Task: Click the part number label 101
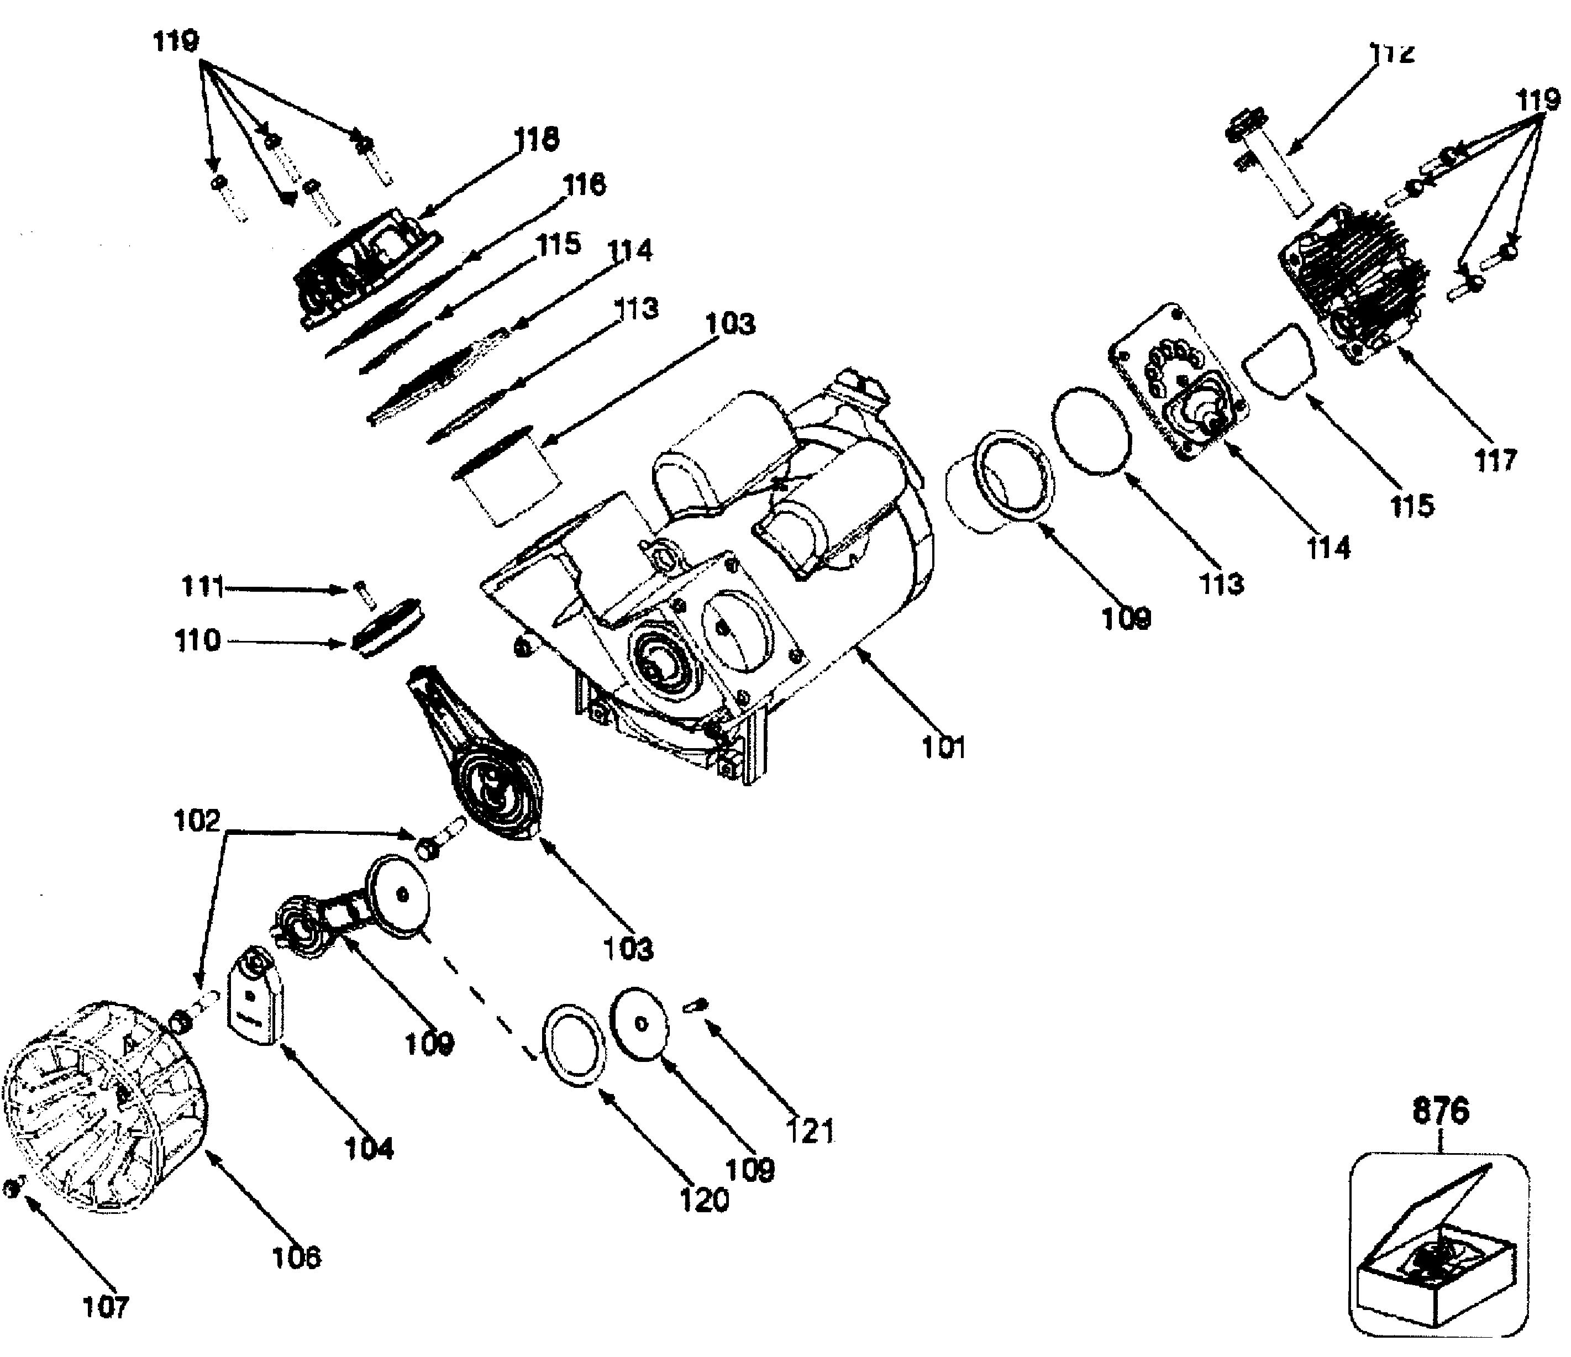click(943, 748)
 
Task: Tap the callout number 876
click(1441, 1111)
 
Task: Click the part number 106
click(296, 1257)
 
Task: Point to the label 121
click(810, 1131)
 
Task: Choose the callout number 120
click(703, 1200)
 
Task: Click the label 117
click(1495, 460)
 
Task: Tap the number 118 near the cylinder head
click(537, 139)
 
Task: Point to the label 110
click(197, 640)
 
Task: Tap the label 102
click(196, 821)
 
